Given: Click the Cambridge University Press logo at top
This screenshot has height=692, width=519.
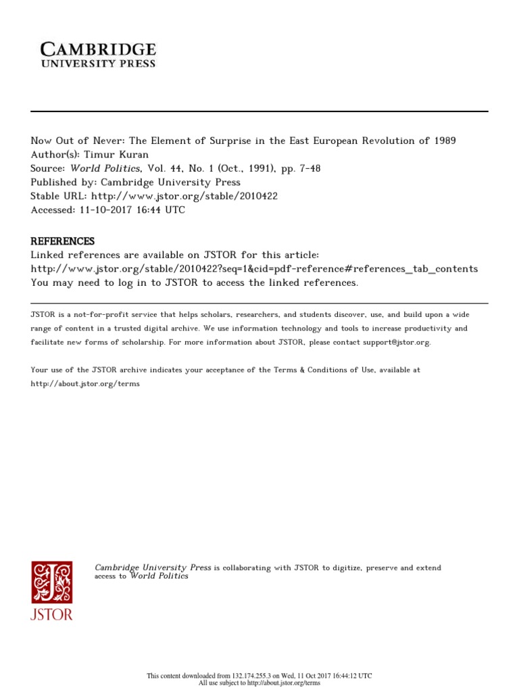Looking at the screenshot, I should click(x=99, y=54).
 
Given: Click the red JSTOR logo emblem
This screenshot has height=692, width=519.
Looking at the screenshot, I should click(x=52, y=583).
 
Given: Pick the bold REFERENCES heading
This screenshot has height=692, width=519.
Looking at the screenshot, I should click(x=63, y=241).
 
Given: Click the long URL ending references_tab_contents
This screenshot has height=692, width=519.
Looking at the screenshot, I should click(x=254, y=268).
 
